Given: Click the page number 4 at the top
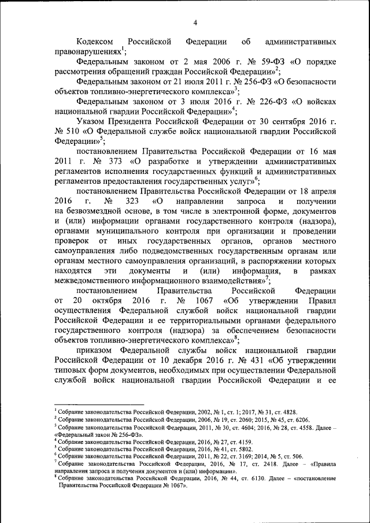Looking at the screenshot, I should coord(195,23).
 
